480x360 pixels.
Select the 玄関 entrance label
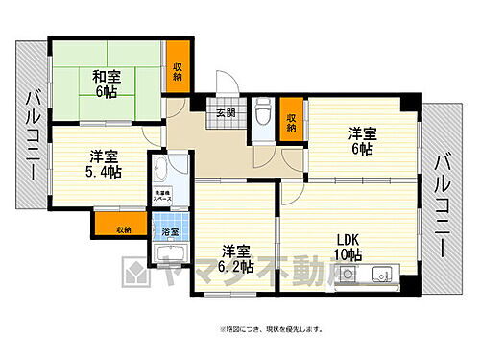pos(225,113)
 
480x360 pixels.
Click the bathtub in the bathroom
pos(169,254)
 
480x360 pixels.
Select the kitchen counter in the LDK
pos(374,275)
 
